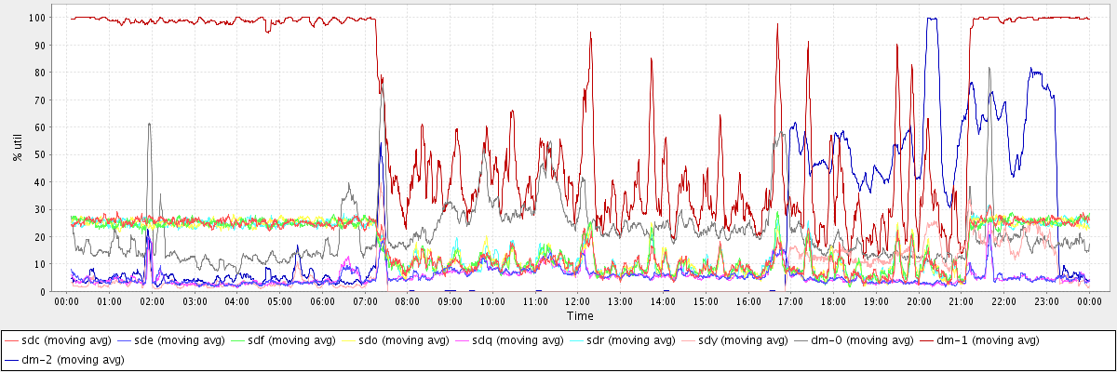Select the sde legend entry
click(x=178, y=340)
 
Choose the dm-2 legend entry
click(x=71, y=359)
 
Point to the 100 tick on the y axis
click(x=47, y=18)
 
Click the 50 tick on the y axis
click(x=49, y=154)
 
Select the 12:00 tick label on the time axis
click(x=578, y=302)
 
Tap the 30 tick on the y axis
click(x=49, y=209)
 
